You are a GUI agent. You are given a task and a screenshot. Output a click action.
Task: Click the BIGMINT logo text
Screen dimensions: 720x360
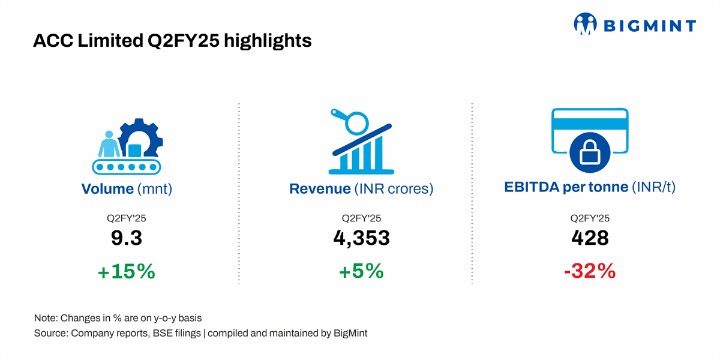[x=650, y=26]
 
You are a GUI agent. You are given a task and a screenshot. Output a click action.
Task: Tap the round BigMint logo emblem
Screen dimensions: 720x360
[x=586, y=23]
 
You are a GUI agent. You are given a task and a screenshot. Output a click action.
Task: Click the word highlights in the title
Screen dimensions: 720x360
[x=268, y=41]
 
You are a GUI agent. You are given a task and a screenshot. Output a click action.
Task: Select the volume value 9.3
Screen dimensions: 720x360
[x=127, y=238]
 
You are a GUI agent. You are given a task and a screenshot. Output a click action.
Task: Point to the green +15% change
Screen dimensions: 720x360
[x=127, y=271]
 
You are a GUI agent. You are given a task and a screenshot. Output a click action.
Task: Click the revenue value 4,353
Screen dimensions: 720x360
[x=362, y=238]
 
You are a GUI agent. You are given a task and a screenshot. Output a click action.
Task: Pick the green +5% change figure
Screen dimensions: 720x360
[x=362, y=271]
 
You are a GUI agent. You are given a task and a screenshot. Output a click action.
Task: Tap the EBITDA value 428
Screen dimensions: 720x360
[x=590, y=238]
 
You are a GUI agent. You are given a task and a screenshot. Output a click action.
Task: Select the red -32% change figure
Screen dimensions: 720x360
[x=590, y=271]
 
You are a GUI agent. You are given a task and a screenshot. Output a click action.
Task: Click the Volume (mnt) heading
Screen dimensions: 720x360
[x=127, y=188]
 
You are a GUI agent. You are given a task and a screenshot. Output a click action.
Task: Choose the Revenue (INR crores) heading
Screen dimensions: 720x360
[x=361, y=188]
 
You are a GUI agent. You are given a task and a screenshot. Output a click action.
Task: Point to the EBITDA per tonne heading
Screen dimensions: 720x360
[x=590, y=187]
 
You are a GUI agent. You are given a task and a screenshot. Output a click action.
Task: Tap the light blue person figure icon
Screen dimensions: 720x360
[x=109, y=144]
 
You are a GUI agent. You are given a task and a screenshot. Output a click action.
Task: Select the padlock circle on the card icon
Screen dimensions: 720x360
[x=590, y=152]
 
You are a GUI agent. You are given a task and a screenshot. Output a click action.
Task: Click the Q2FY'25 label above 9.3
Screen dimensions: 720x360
[x=127, y=218]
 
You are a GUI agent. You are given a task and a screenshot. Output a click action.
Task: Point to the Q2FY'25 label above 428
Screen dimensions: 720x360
[x=590, y=218]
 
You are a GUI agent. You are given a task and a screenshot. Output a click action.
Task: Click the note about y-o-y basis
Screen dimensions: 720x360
[x=118, y=318]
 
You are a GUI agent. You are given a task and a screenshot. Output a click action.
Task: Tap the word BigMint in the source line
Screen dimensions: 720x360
[x=350, y=334]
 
